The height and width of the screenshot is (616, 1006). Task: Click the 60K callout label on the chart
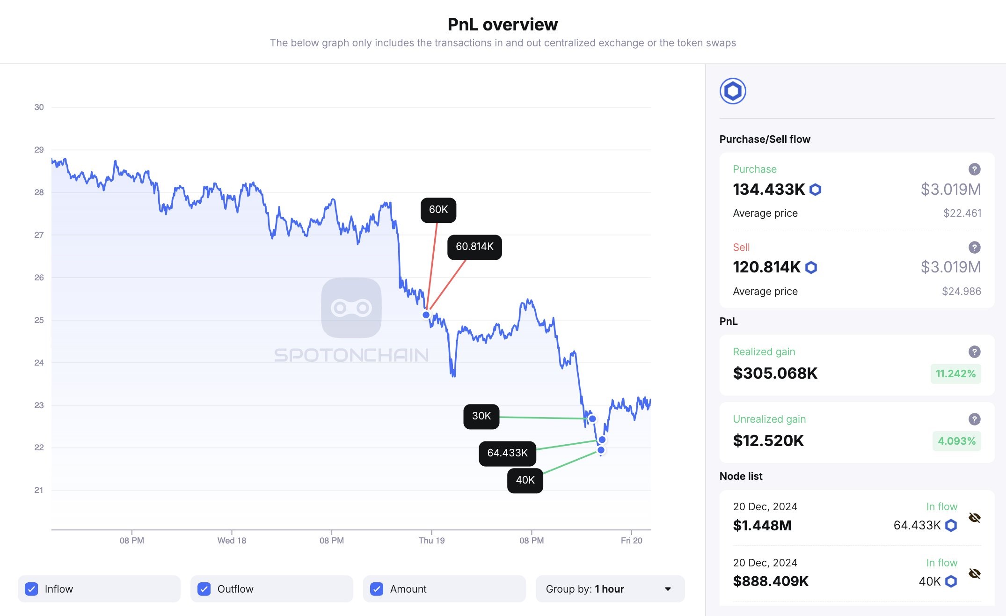pyautogui.click(x=438, y=210)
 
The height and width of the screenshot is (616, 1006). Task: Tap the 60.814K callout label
pyautogui.click(x=474, y=247)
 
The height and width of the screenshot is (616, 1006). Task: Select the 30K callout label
pyautogui.click(x=481, y=416)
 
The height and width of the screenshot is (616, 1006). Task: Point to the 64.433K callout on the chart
pyautogui.click(x=507, y=453)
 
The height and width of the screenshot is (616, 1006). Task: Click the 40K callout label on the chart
pyautogui.click(x=525, y=480)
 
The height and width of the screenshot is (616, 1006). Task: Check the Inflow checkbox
pyautogui.click(x=31, y=589)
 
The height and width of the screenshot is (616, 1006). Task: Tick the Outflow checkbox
pyautogui.click(x=204, y=589)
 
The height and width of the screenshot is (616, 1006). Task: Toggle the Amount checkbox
pyautogui.click(x=377, y=589)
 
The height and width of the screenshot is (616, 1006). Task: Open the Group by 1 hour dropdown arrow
pyautogui.click(x=668, y=589)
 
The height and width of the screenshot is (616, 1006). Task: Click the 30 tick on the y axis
pyautogui.click(x=39, y=107)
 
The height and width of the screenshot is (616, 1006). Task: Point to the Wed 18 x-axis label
pyautogui.click(x=232, y=541)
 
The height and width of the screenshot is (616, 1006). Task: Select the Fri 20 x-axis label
pyautogui.click(x=631, y=541)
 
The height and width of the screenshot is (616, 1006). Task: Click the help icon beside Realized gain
pyautogui.click(x=974, y=352)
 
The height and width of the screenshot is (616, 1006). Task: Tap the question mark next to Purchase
pyautogui.click(x=974, y=169)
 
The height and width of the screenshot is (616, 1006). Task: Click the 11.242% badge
pyautogui.click(x=955, y=374)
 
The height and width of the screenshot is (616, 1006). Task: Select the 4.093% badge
pyautogui.click(x=956, y=441)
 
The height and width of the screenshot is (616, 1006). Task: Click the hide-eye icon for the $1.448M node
pyautogui.click(x=974, y=518)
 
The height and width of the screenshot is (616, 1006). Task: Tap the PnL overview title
pyautogui.click(x=503, y=24)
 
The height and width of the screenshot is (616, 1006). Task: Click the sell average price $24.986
pyautogui.click(x=961, y=291)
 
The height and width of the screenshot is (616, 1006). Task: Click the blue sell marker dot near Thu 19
pyautogui.click(x=426, y=315)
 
